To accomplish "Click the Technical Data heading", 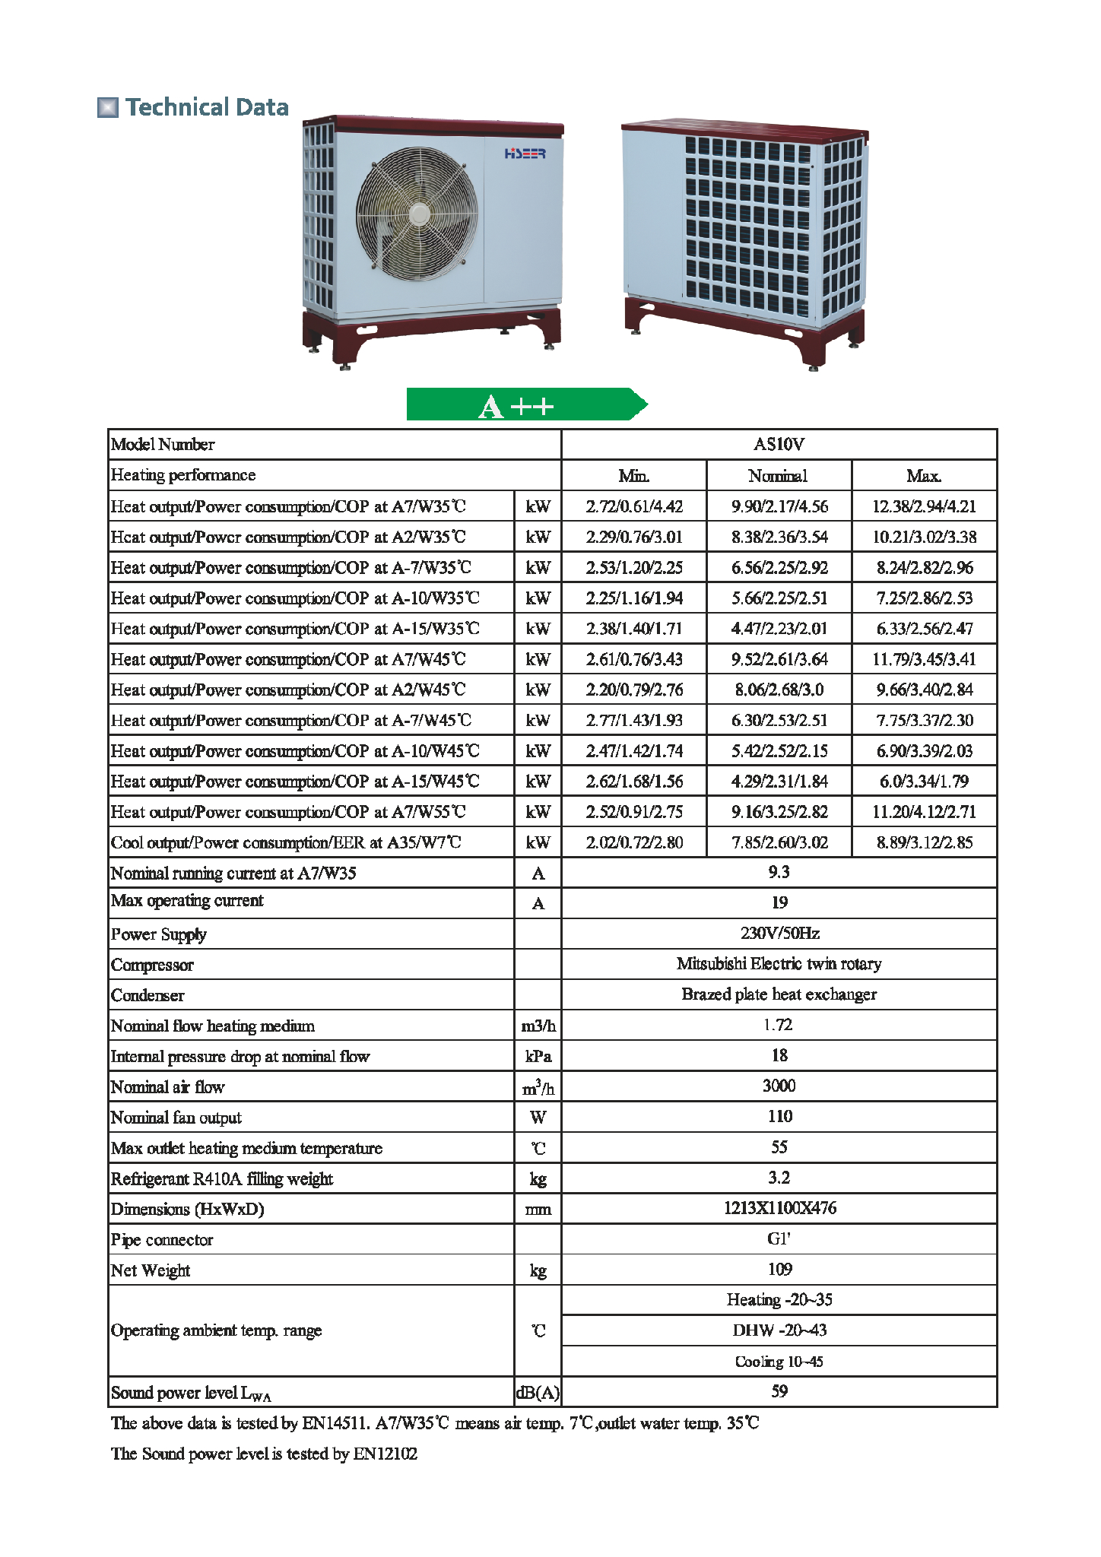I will click(x=207, y=107).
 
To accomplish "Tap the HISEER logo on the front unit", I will click(x=525, y=154).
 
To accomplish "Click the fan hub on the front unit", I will click(x=419, y=214).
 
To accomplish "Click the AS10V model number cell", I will click(x=779, y=445).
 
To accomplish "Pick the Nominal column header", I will click(x=778, y=476).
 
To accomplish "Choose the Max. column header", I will click(x=924, y=476).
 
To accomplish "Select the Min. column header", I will click(x=633, y=476).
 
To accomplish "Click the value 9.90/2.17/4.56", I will click(x=779, y=506).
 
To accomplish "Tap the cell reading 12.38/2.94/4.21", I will click(x=924, y=506).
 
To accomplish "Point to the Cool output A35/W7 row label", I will click(x=286, y=842).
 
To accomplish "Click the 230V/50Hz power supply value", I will click(x=779, y=934).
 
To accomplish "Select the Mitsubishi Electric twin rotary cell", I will click(x=779, y=964).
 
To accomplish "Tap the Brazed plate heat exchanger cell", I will click(x=779, y=994).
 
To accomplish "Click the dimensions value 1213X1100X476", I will click(x=779, y=1208).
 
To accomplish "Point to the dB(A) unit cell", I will click(x=538, y=1393).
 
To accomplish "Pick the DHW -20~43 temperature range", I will click(x=779, y=1330).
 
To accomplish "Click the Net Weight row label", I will click(x=151, y=1270).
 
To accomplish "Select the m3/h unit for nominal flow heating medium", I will click(x=538, y=1026).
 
